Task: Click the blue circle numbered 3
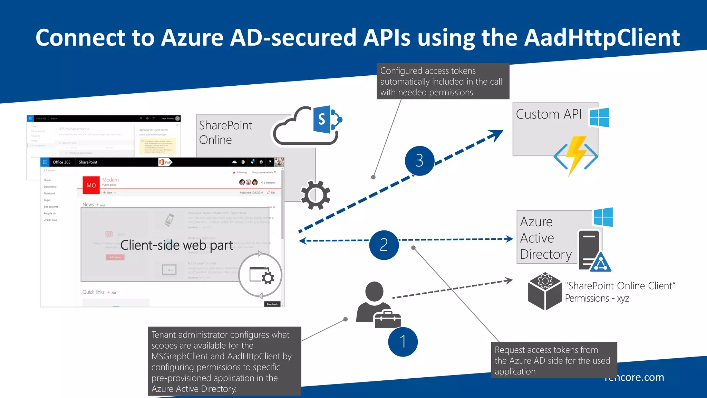pyautogui.click(x=419, y=161)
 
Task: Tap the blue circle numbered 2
pyautogui.click(x=384, y=245)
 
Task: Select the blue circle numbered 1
pyautogui.click(x=403, y=342)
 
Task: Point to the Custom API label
pyautogui.click(x=549, y=114)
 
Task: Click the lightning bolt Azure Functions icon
pyautogui.click(x=576, y=155)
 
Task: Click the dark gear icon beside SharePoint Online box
pyautogui.click(x=315, y=195)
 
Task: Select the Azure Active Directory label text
pyautogui.click(x=545, y=238)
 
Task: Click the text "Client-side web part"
pyautogui.click(x=177, y=245)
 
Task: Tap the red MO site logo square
pyautogui.click(x=91, y=185)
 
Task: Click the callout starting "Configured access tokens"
pyautogui.click(x=443, y=81)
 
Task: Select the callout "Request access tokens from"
pyautogui.click(x=553, y=360)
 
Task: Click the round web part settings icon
pyautogui.click(x=261, y=275)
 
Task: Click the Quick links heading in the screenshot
pyautogui.click(x=93, y=292)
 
